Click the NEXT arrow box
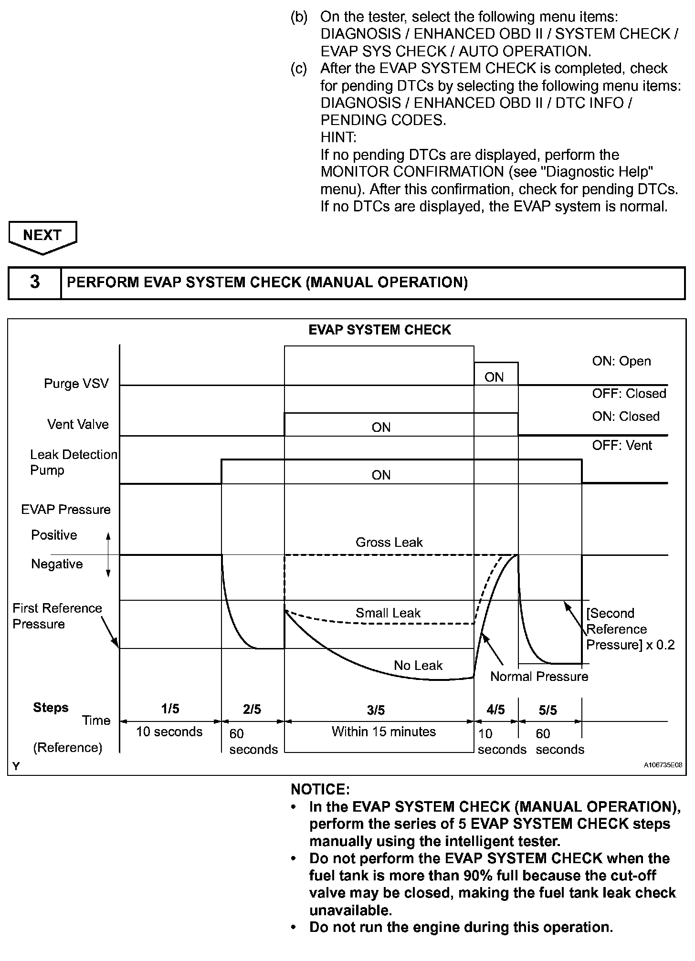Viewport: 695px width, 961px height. (42, 235)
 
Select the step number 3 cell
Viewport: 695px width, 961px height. (35, 282)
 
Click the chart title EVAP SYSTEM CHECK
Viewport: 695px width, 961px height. (379, 330)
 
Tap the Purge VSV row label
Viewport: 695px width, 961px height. (76, 384)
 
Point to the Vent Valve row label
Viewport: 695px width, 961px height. (78, 424)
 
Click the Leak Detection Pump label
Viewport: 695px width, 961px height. (73, 462)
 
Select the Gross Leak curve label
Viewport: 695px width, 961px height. (389, 543)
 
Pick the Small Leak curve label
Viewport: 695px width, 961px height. (388, 613)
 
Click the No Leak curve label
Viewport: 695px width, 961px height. (418, 666)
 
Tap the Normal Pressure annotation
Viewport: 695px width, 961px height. (539, 677)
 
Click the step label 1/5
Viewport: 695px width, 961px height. (170, 709)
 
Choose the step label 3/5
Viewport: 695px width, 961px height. (376, 710)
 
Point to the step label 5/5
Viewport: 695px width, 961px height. (548, 710)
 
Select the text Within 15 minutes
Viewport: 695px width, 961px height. (384, 731)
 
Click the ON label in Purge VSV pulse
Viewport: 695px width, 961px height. (494, 377)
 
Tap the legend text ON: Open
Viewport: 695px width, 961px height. (621, 361)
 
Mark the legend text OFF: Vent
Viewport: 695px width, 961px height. (622, 446)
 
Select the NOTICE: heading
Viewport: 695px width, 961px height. (320, 790)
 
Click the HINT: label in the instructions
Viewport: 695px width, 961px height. (338, 137)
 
